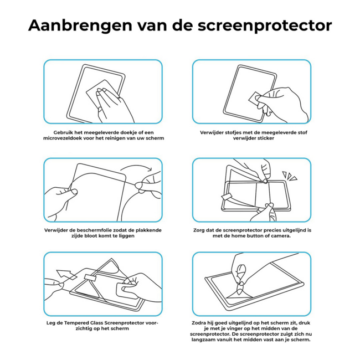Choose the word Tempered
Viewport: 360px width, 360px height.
click(81, 323)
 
